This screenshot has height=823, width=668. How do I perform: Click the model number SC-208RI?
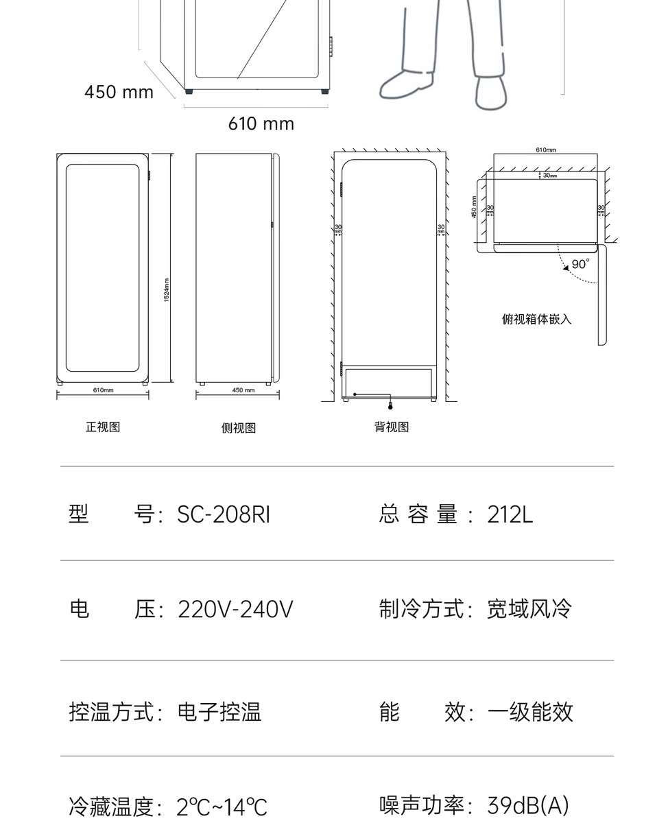(x=224, y=514)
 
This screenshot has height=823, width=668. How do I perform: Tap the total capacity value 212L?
(x=510, y=514)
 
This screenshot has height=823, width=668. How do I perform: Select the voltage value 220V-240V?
(x=235, y=609)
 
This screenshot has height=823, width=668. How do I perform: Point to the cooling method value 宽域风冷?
(x=529, y=609)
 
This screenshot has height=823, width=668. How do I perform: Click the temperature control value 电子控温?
(x=219, y=712)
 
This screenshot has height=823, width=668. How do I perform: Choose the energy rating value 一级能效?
(x=529, y=712)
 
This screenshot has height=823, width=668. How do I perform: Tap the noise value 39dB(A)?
(x=528, y=805)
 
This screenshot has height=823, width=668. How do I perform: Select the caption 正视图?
(x=103, y=427)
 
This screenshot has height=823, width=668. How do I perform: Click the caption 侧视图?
(x=239, y=428)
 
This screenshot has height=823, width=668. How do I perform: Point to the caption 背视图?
(x=392, y=427)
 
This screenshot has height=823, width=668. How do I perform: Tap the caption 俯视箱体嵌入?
(x=536, y=319)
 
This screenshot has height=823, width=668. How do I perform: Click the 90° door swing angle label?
(x=580, y=264)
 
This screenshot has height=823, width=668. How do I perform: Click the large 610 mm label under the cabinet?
(x=261, y=124)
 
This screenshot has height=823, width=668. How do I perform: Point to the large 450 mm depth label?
(x=119, y=92)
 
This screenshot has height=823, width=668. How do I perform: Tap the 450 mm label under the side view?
(x=243, y=390)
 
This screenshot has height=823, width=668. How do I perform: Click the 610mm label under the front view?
(x=103, y=390)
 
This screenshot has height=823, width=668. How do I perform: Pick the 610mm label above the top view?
(x=546, y=150)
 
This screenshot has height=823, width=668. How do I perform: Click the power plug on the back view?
(x=391, y=406)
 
